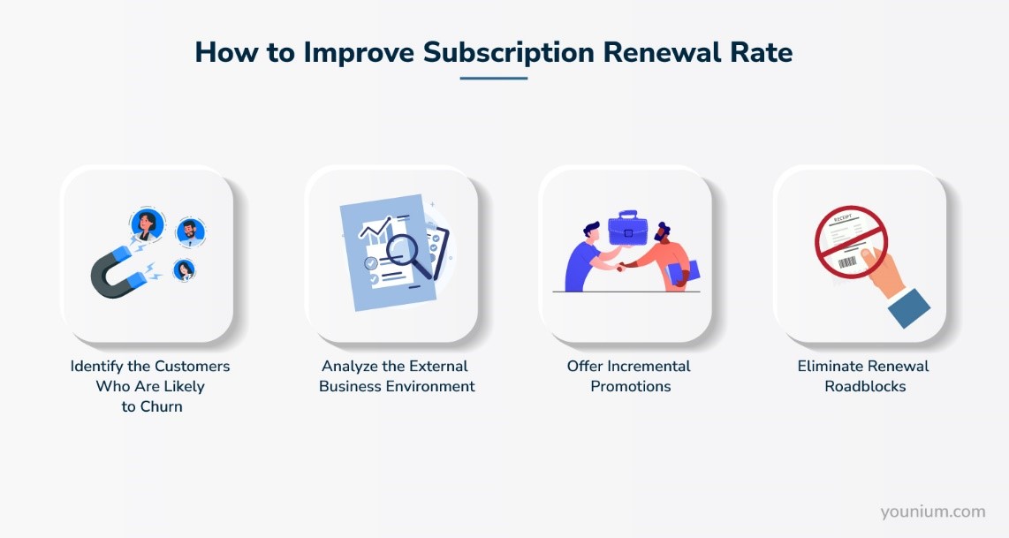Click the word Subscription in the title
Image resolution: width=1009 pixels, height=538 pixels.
[508, 52]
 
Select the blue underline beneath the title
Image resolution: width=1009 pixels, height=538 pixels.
[493, 79]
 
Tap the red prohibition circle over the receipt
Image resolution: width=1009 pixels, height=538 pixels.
[851, 243]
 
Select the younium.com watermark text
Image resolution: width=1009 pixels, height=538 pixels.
[932, 511]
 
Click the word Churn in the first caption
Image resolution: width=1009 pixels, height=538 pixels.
[160, 406]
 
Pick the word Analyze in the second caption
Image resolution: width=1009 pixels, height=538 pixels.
[350, 366]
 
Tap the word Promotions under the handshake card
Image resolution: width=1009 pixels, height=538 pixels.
[631, 386]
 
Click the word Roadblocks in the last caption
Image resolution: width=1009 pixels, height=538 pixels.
[865, 386]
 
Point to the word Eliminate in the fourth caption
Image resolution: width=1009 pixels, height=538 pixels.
[829, 366]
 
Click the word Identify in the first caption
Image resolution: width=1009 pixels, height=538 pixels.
[97, 366]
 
